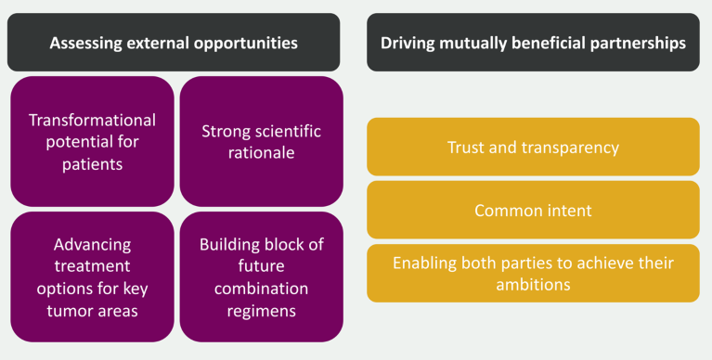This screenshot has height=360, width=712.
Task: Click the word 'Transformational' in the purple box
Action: pyautogui.click(x=92, y=121)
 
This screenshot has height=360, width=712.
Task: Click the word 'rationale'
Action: pyautogui.click(x=262, y=152)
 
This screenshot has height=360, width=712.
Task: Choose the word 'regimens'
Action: pyautogui.click(x=262, y=309)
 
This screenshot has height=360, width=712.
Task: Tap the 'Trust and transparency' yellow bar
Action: pyautogui.click(x=533, y=148)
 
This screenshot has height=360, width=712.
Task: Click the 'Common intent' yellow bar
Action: pyautogui.click(x=533, y=211)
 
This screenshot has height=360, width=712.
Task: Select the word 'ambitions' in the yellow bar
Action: pyautogui.click(x=533, y=283)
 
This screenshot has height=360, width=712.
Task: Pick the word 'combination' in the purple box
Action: pyautogui.click(x=262, y=289)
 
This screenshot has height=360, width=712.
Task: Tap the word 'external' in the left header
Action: pyautogui.click(x=159, y=43)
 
